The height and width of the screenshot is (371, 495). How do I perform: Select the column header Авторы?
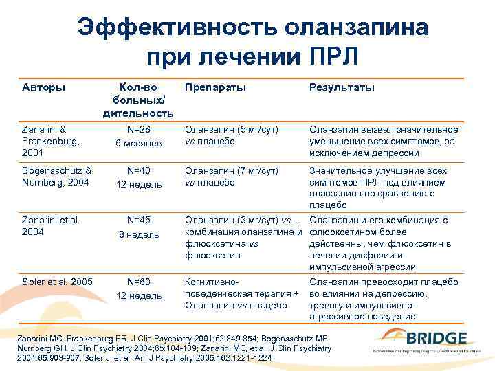click(44, 87)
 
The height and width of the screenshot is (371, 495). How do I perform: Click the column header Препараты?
click(214, 87)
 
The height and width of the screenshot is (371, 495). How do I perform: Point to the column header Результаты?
click(342, 87)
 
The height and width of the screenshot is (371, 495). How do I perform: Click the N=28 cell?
click(138, 129)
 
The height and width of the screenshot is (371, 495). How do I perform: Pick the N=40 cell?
click(138, 171)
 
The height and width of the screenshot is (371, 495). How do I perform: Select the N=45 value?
click(138, 221)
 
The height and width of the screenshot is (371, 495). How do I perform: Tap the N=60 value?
click(138, 282)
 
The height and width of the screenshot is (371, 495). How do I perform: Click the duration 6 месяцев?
click(138, 143)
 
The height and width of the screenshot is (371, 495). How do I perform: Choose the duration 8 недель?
click(138, 234)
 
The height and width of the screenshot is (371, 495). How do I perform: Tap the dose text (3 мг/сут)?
click(254, 221)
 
